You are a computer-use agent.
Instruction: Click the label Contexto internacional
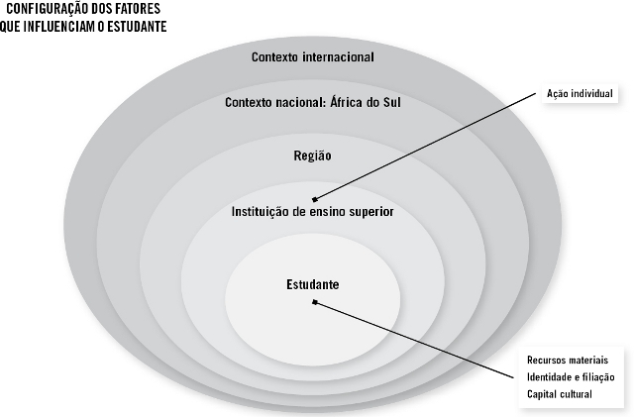[312, 56]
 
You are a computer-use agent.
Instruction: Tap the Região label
[312, 156]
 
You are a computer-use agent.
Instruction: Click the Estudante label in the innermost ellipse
[312, 284]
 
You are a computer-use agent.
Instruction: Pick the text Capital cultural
[560, 395]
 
